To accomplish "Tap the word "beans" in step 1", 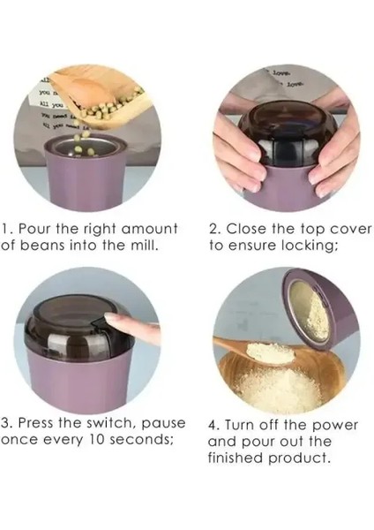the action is [x=42, y=245].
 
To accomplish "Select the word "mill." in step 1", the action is [x=145, y=245].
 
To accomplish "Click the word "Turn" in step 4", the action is [x=239, y=425].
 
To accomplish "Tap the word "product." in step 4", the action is [x=299, y=458].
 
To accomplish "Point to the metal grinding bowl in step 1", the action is [x=86, y=148].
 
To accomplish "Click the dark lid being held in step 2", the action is [x=288, y=138].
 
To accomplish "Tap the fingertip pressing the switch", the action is [x=109, y=319].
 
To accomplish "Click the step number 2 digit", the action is [x=213, y=229].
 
